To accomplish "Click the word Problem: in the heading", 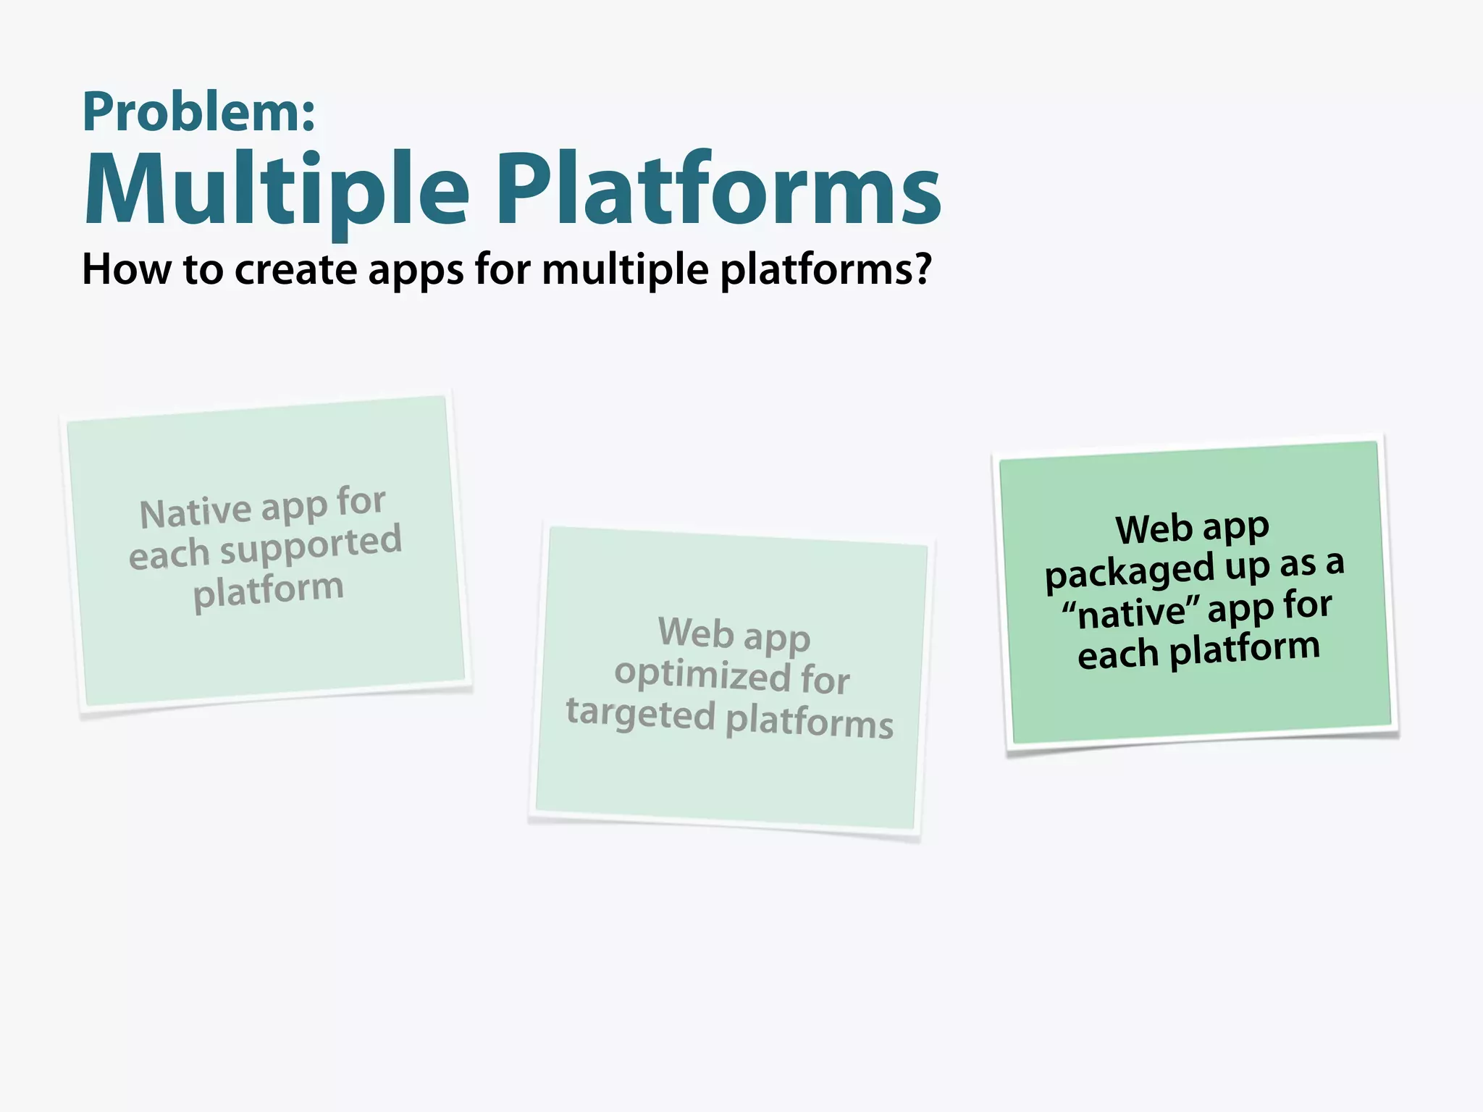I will (x=199, y=114).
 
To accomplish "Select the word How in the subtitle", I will (x=127, y=270).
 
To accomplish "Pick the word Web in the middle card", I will (x=696, y=632).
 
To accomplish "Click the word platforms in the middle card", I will (x=810, y=723).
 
